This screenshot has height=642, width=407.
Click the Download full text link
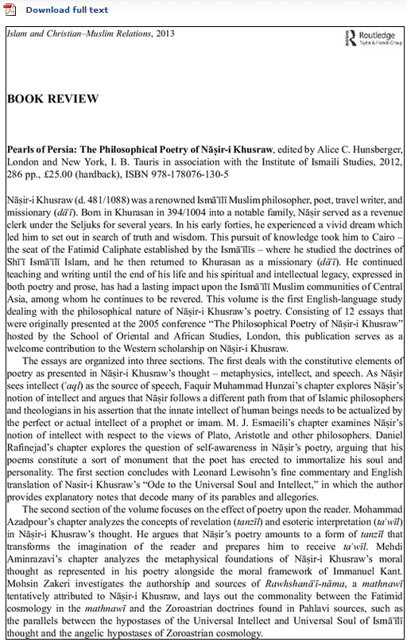pos(67,10)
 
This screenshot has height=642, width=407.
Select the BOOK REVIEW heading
pos(52,99)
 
